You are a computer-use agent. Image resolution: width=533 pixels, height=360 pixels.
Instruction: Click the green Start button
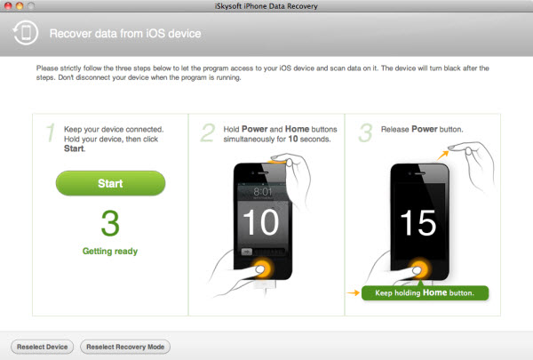(x=110, y=183)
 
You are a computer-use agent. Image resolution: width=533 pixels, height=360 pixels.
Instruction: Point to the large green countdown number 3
(x=110, y=223)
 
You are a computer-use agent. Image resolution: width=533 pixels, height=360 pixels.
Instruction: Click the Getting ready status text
(x=110, y=252)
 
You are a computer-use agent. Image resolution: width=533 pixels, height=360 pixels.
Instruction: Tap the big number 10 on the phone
(x=260, y=221)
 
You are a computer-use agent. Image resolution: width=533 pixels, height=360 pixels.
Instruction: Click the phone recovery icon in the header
(x=24, y=35)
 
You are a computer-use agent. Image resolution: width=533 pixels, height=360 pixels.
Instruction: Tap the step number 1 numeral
(x=51, y=133)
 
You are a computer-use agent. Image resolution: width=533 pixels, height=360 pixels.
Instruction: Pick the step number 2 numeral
(x=207, y=133)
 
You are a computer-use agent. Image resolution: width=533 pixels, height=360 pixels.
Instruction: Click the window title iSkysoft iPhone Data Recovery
(x=266, y=6)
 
